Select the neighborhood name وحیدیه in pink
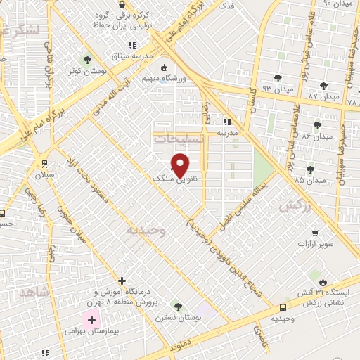click(146, 230)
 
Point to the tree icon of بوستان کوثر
click(87, 60)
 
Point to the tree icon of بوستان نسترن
click(177, 307)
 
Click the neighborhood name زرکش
click(295, 205)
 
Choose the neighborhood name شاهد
click(32, 291)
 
